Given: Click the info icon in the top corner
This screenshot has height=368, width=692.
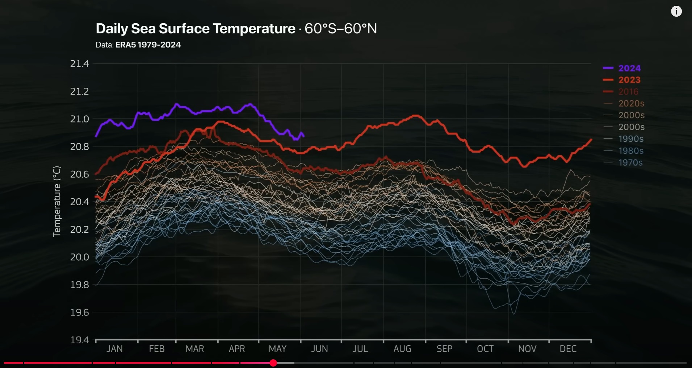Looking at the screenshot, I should tap(676, 11).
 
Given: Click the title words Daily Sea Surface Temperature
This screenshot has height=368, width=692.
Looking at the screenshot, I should tap(196, 29).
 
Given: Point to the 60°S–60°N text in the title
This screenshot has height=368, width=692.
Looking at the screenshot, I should tap(340, 29).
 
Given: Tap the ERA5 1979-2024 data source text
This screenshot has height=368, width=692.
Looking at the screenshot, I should tap(148, 45).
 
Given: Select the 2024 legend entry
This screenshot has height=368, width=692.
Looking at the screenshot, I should tap(629, 68).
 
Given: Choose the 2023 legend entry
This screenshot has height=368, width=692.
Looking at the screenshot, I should tap(629, 80).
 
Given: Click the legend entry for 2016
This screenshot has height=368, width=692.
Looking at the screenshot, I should tap(628, 92).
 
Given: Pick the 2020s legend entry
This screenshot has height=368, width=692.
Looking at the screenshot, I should tap(631, 103).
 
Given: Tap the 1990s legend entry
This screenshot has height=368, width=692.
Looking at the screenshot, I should tap(631, 139).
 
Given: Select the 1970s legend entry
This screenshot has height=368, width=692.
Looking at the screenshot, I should tap(630, 162).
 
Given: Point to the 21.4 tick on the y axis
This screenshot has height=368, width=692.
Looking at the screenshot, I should tap(79, 64).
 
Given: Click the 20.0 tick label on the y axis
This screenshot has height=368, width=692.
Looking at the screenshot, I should tap(79, 257).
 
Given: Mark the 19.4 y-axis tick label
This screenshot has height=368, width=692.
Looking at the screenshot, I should tap(79, 340).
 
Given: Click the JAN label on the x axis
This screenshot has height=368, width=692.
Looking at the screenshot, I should tap(114, 349).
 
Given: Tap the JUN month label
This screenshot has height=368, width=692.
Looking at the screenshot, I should tap(319, 349).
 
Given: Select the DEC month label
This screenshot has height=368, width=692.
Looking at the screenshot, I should tap(568, 349).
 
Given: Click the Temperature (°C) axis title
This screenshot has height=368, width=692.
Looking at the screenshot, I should tap(57, 201).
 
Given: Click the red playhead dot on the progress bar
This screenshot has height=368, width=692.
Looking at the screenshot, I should tap(273, 363).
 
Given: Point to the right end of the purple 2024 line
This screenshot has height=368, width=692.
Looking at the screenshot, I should tap(303, 136).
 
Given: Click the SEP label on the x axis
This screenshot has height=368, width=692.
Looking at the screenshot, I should tap(444, 349).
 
